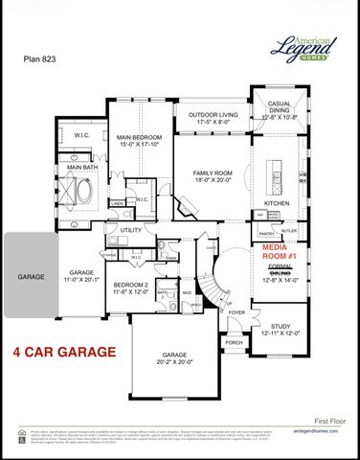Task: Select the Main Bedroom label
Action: (x=139, y=140)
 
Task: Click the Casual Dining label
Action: (x=281, y=113)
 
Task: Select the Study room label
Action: (x=281, y=329)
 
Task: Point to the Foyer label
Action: (x=236, y=312)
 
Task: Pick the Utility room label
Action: (x=130, y=231)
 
